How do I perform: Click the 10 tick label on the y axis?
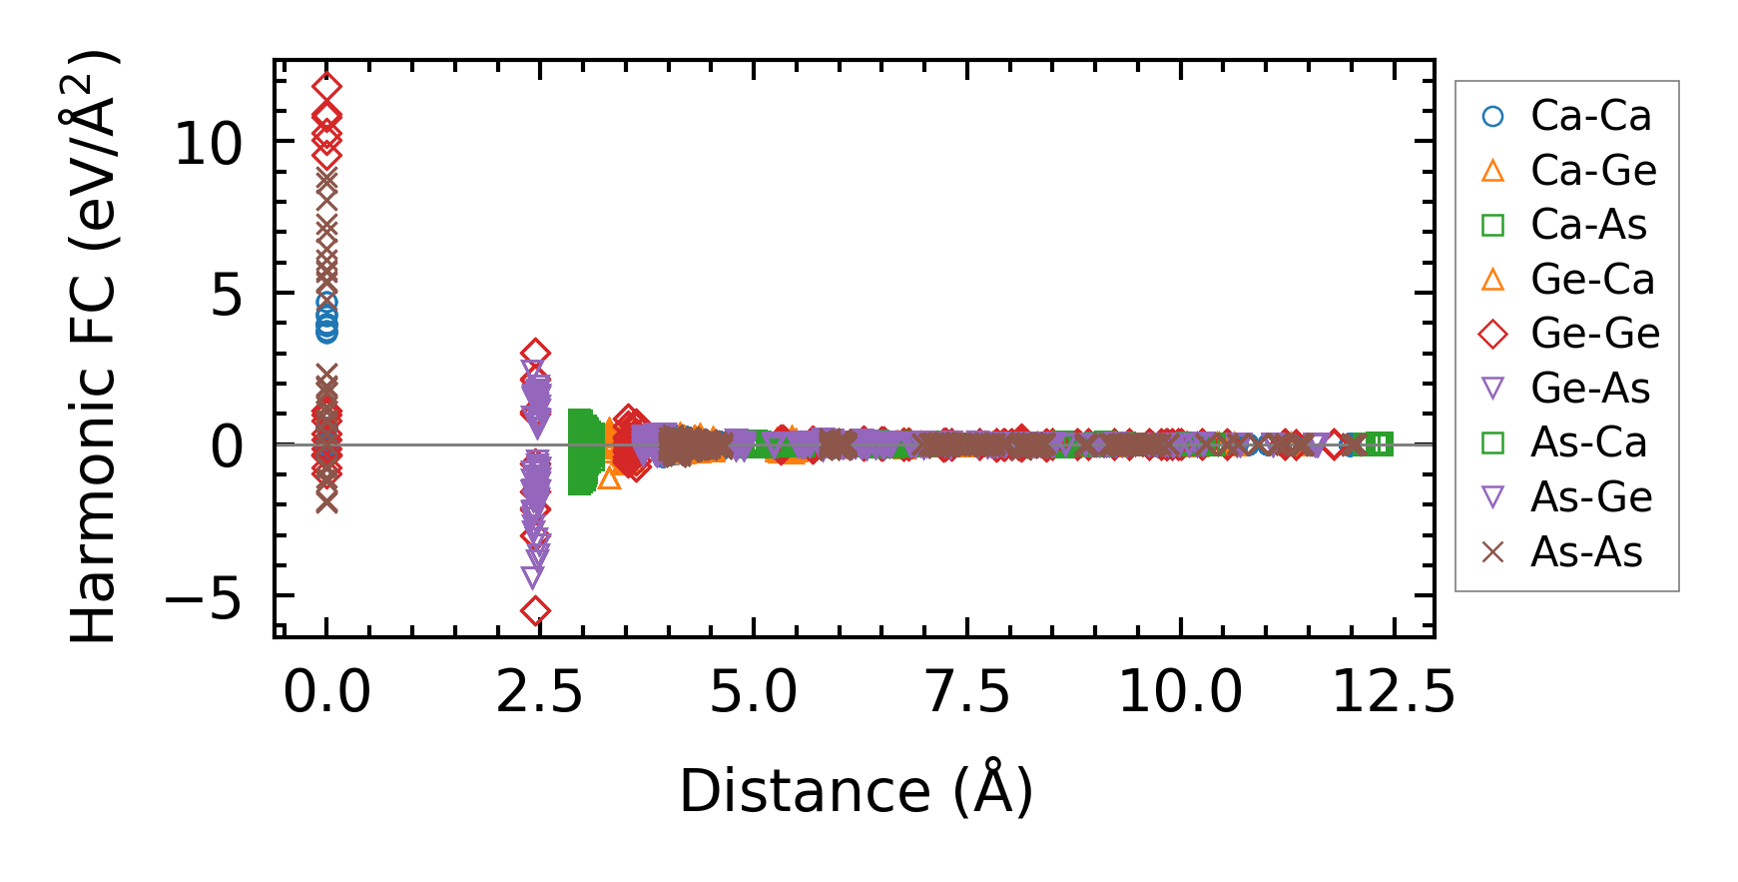tap(208, 143)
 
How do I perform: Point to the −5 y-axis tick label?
tap(203, 598)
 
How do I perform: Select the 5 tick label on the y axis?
tap(227, 295)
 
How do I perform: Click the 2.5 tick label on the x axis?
tap(539, 691)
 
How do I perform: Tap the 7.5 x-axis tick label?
tap(967, 691)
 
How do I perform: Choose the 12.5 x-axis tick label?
tap(1394, 691)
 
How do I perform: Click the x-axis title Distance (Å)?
tap(856, 791)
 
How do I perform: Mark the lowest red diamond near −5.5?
tap(536, 610)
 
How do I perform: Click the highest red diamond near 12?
tap(326, 88)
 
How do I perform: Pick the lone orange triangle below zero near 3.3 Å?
tap(609, 478)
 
